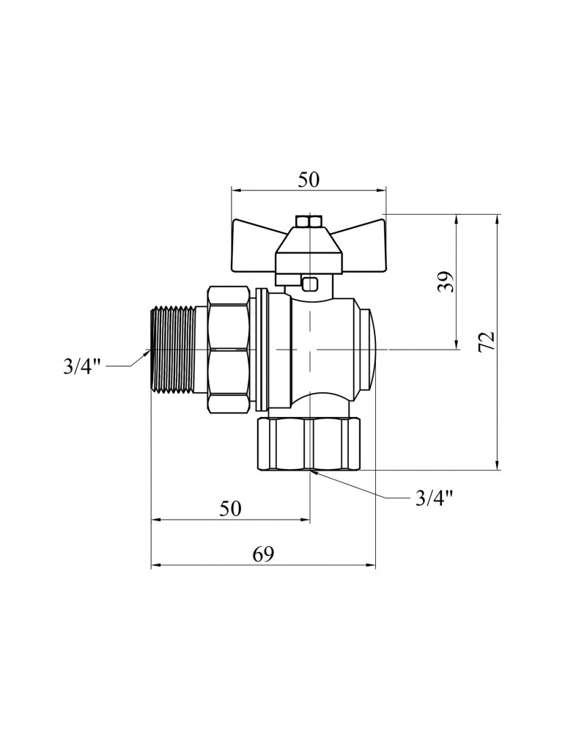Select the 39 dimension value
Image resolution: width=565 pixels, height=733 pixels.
click(x=446, y=281)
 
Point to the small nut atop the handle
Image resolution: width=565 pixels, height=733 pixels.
click(x=309, y=221)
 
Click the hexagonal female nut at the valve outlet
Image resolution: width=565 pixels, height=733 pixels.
click(x=309, y=444)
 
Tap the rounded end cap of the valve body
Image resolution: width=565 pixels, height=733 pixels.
click(x=367, y=350)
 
